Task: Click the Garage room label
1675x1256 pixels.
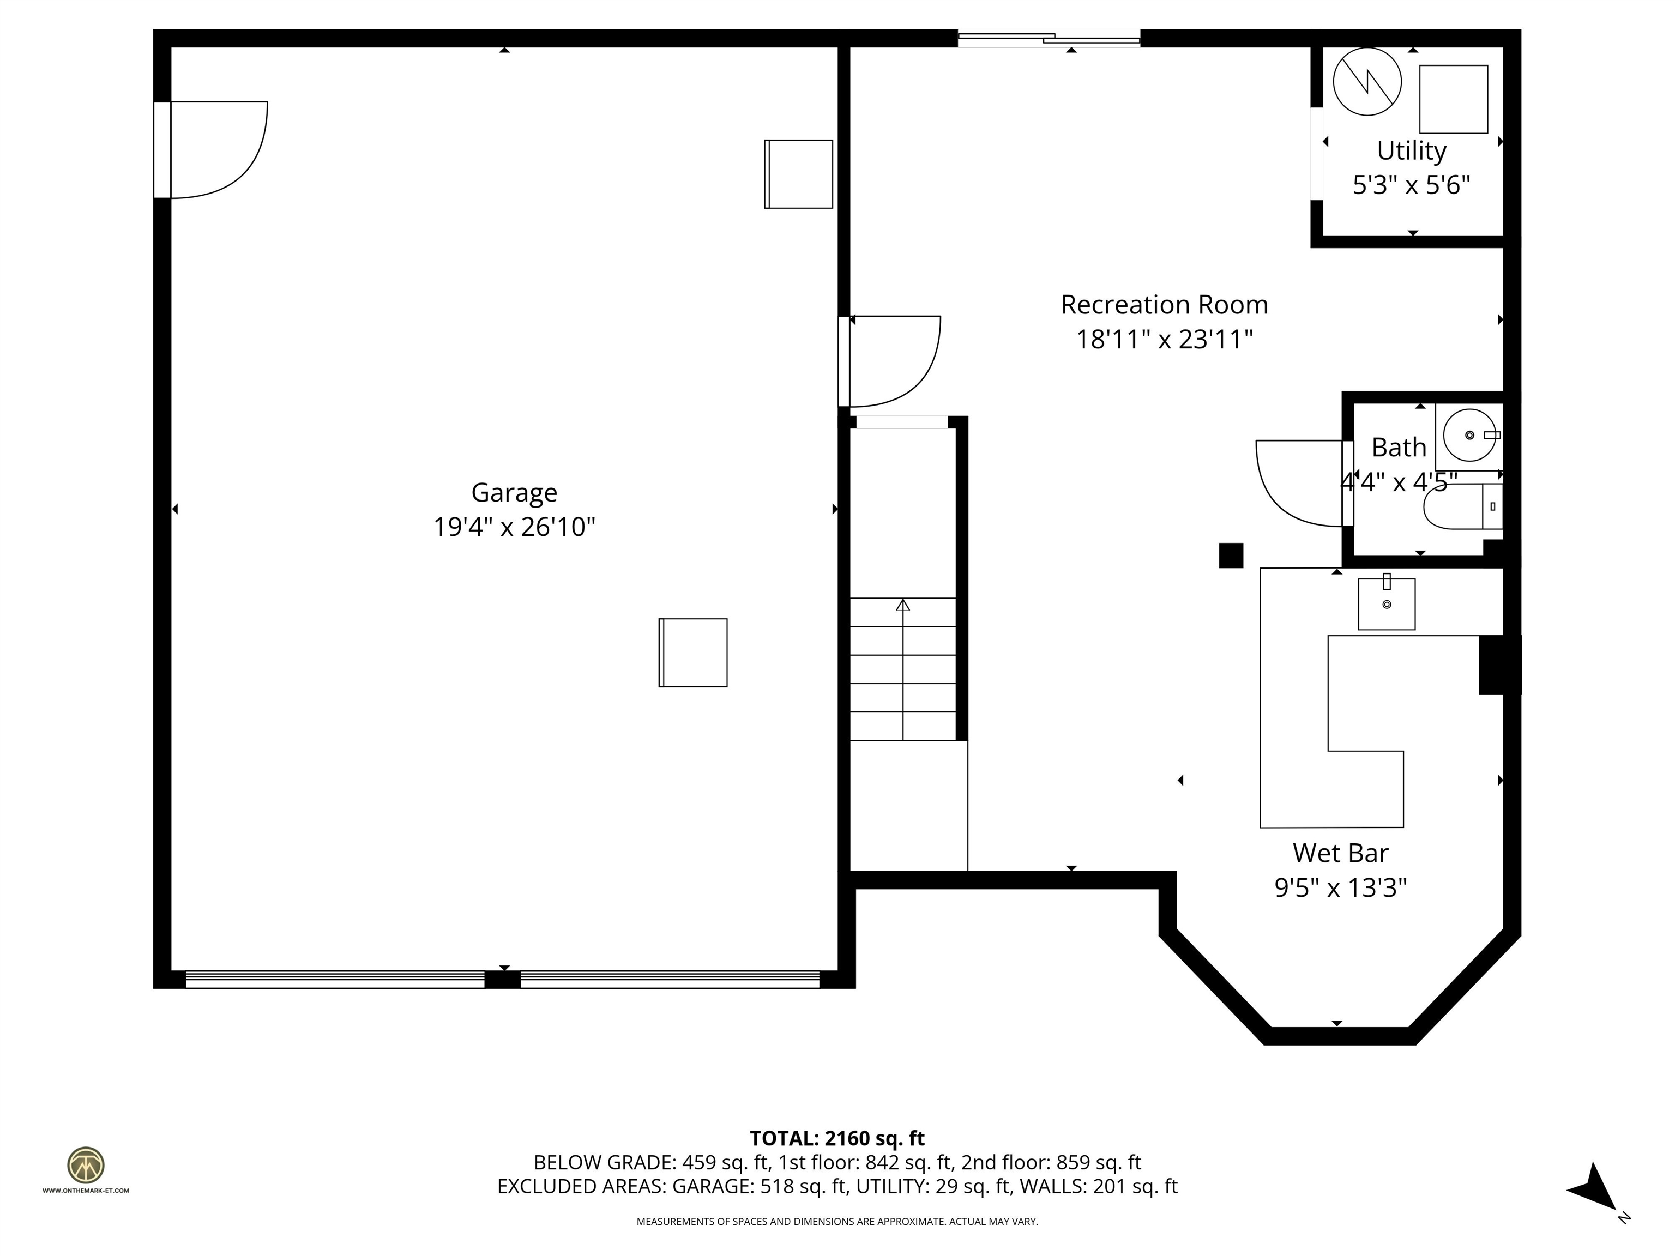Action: (514, 493)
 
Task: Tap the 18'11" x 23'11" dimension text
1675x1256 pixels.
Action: (1164, 339)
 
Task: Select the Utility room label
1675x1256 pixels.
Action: (1411, 150)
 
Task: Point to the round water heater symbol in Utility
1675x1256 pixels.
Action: (1367, 82)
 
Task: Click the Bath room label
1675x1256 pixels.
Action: (1399, 448)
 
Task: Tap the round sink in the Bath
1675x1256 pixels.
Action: (1469, 436)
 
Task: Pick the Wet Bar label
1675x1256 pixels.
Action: (1340, 853)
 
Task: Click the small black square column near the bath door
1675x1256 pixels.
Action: (1231, 555)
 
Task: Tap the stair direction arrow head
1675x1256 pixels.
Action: (902, 605)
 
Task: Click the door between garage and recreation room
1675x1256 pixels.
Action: (894, 362)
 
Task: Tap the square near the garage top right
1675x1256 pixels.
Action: (798, 174)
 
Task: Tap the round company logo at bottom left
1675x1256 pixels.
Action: (86, 1165)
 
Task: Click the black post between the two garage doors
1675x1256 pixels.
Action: (502, 980)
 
